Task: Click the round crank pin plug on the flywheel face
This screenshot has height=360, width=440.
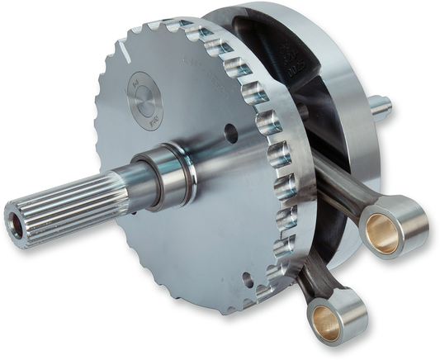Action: (x=144, y=101)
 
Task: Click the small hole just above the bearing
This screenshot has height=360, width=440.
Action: (x=230, y=132)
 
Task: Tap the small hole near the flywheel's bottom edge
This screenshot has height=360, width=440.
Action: (x=250, y=281)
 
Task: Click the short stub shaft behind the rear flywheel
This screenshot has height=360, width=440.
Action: (x=380, y=105)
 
